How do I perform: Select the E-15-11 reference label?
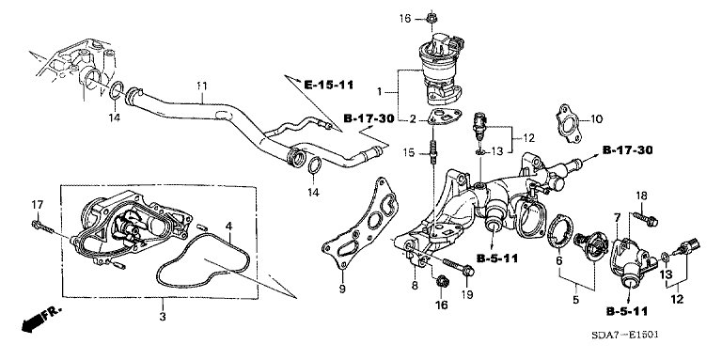click(328, 86)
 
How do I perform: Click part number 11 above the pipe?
click(202, 86)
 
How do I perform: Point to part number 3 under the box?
click(163, 317)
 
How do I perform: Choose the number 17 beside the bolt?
click(38, 204)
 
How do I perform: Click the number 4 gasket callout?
click(228, 226)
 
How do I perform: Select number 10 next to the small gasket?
click(596, 120)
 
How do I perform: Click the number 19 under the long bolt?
click(468, 294)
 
